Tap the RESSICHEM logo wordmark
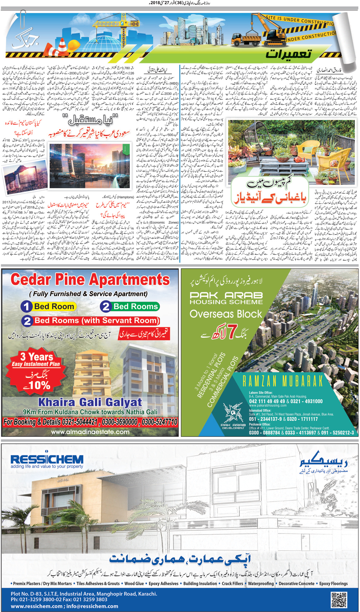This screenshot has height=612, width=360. [x=47, y=459]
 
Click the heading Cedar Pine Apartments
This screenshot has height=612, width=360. [x=90, y=280]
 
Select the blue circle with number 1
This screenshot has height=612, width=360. [x=26, y=306]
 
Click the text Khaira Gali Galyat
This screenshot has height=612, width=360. [x=90, y=402]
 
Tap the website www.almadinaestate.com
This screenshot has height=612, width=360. [x=90, y=432]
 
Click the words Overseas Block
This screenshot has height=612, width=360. [x=226, y=314]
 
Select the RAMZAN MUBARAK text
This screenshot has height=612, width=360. [x=283, y=381]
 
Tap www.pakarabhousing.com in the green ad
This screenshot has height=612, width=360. [x=268, y=405]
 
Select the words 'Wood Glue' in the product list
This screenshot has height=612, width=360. [x=134, y=584]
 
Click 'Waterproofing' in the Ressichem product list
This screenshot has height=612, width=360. [x=261, y=584]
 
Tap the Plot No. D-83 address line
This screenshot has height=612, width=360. [x=84, y=594]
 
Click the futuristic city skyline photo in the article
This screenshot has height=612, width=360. [x=89, y=166]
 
